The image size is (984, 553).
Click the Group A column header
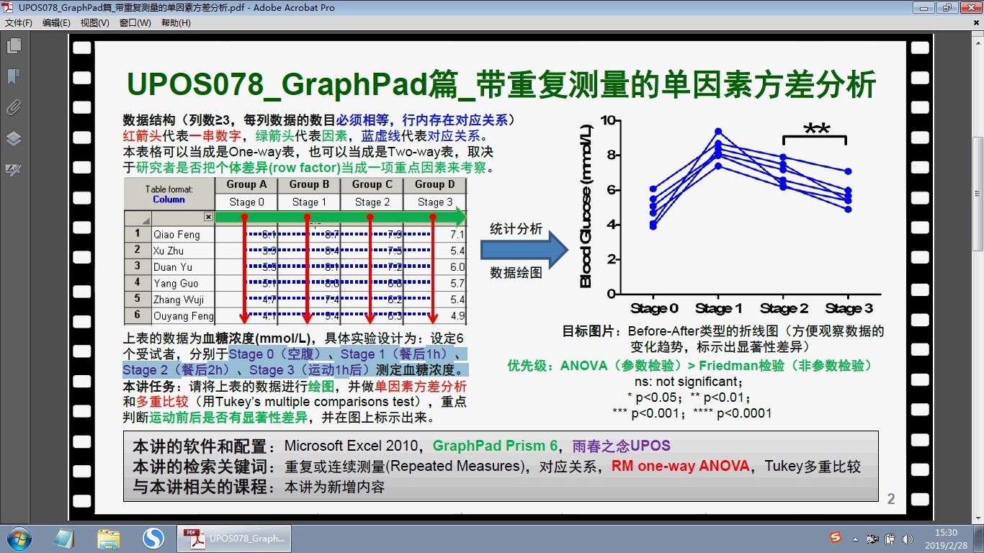(246, 184)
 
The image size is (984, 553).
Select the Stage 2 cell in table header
(372, 202)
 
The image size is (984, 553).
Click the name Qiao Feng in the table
(176, 235)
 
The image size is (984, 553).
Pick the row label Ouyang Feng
(183, 316)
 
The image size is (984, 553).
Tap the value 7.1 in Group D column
(457, 235)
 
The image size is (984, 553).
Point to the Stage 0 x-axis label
(654, 309)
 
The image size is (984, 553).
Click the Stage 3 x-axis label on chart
(849, 309)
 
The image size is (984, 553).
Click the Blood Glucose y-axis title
(586, 206)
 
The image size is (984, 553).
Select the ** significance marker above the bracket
(816, 130)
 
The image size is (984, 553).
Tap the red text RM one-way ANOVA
(680, 466)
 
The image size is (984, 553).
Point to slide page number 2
(891, 499)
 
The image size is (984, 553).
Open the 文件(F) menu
(19, 23)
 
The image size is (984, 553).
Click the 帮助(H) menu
(176, 23)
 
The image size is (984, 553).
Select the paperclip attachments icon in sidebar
(14, 108)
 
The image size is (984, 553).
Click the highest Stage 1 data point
(718, 132)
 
